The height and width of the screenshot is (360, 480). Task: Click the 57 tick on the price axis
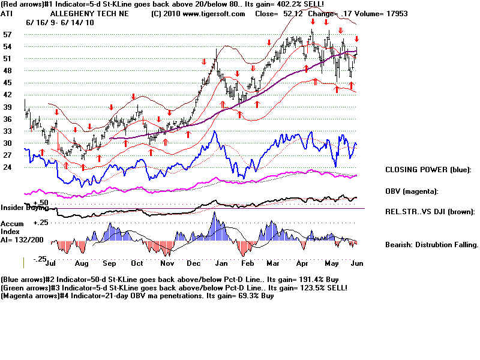(8, 35)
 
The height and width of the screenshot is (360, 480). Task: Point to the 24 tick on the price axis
(8, 167)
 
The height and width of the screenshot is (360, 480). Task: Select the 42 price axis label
(8, 95)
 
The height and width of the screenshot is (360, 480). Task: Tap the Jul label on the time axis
(50, 263)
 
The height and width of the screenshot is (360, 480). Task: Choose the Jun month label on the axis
(356, 263)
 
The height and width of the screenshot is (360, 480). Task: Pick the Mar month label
(273, 263)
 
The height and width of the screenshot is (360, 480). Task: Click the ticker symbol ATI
(7, 13)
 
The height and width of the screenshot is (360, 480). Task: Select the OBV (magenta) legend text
(412, 191)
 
